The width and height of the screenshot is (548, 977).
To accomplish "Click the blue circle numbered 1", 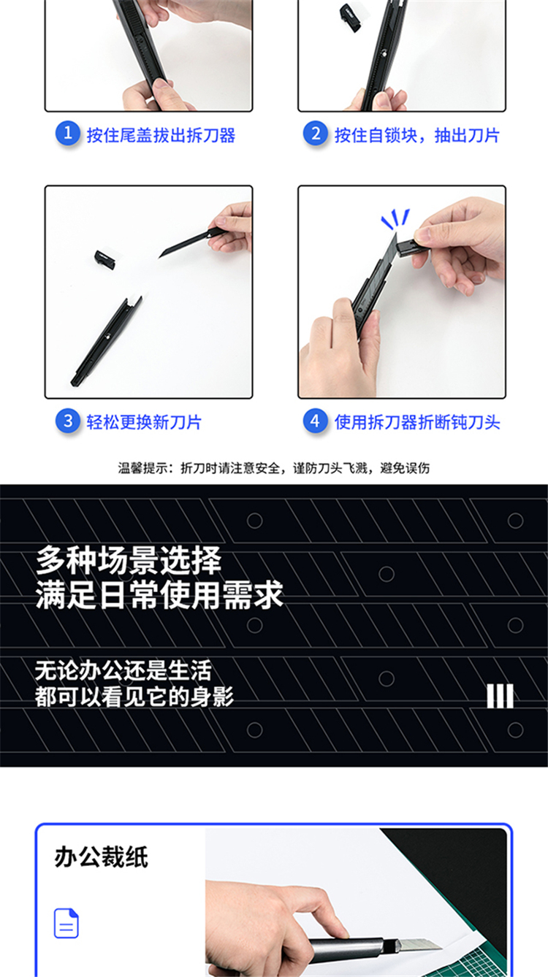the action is pos(68,133).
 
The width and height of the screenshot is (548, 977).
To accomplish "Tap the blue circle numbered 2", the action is pos(316,133).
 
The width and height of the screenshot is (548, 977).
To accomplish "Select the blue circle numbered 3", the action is pos(68,421).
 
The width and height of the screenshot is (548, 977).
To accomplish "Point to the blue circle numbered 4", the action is pos(316,421).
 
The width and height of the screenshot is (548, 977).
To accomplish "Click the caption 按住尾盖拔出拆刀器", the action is pos(161,135).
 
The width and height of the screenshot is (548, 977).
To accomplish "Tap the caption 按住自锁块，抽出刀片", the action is pos(417,135).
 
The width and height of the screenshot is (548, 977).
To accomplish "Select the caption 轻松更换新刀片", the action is pos(144,422).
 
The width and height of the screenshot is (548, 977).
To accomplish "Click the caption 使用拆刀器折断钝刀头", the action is pos(417,422).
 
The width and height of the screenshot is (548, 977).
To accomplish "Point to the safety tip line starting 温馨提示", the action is pos(274,468).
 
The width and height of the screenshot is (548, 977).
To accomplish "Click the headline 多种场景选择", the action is pos(129,561).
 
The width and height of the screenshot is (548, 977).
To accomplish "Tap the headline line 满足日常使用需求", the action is pos(160,595).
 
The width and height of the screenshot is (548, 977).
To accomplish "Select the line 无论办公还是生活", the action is pos(123,670).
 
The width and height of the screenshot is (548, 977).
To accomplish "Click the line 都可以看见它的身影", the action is pos(134,697).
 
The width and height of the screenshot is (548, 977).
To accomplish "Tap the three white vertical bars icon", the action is pos(500,696).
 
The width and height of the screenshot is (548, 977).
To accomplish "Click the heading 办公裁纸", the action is pos(102,857).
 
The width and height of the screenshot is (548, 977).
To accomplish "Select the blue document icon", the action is pos(66,923).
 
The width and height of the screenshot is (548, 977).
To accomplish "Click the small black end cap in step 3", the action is pos(104,259).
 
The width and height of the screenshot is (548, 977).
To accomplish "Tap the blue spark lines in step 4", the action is pos(395,218).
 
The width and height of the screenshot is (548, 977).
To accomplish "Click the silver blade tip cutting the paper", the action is pos(419,944).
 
